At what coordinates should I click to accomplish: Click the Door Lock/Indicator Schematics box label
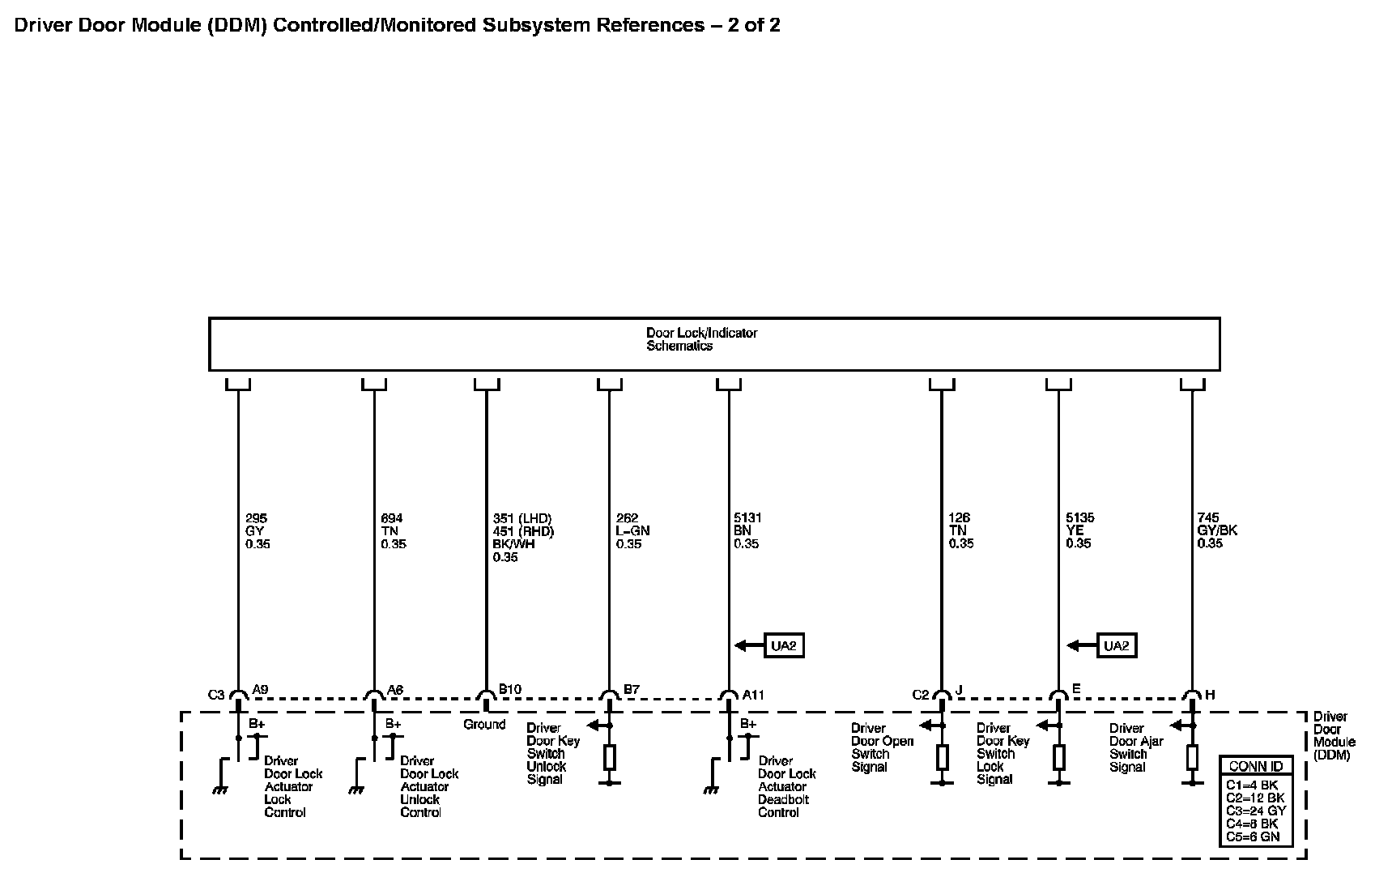701,339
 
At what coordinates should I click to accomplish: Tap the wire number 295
256,518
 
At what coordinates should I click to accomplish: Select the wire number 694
392,518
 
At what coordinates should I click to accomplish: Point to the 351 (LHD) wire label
522,518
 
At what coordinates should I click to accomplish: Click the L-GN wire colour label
632,531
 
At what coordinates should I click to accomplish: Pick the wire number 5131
747,518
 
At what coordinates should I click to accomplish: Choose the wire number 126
960,518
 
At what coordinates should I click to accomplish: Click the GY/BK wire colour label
1217,531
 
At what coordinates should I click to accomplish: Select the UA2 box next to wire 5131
784,645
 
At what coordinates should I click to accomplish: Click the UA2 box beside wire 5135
1116,645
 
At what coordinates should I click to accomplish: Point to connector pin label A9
260,690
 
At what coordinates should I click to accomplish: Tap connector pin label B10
510,690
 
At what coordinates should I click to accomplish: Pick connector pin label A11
753,695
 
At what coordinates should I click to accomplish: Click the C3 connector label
216,695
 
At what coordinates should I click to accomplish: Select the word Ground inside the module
484,725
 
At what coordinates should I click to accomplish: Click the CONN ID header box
1255,767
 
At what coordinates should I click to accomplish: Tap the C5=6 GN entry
1253,836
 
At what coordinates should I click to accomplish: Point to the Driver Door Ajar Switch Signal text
1135,747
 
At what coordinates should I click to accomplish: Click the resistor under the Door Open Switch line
942,758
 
